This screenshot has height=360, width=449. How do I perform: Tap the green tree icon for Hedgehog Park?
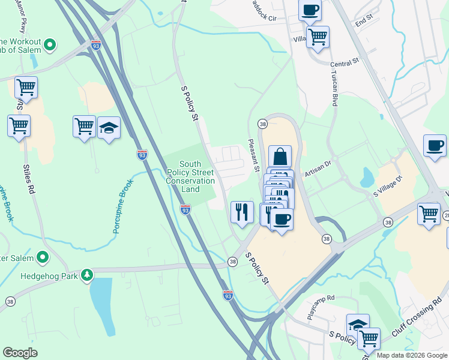[x=88, y=275]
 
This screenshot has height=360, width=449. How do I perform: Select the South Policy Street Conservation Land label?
[x=190, y=176]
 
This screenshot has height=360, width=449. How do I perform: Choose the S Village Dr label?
[x=387, y=187]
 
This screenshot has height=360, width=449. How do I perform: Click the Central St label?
[x=344, y=62]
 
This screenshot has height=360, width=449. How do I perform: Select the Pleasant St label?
[x=253, y=155]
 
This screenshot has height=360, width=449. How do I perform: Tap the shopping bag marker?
[x=280, y=157]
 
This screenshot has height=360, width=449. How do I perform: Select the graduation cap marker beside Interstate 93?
[x=109, y=127]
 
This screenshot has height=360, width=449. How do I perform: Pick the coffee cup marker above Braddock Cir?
[x=310, y=10]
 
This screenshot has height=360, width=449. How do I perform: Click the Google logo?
[x=20, y=353]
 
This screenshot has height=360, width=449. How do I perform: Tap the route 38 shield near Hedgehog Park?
[x=232, y=261]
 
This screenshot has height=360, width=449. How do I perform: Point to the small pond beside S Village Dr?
[x=366, y=178]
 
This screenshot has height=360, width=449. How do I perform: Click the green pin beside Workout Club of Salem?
[x=50, y=45]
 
